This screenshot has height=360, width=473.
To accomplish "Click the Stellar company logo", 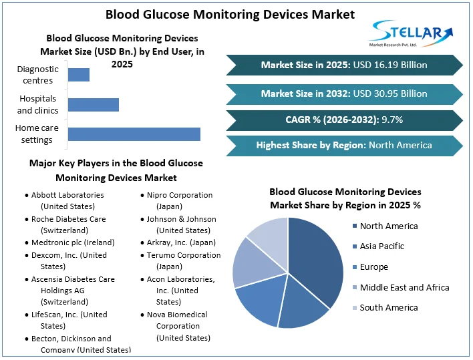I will (x=411, y=33).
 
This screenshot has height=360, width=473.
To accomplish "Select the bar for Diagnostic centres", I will (x=79, y=75).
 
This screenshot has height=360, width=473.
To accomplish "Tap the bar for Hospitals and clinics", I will (x=94, y=105).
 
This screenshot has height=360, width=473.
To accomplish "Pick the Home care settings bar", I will (x=134, y=134).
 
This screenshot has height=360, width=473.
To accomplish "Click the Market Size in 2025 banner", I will (x=344, y=65).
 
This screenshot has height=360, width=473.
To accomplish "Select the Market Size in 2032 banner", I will (x=344, y=94).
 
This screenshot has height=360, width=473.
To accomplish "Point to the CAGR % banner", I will (x=344, y=120).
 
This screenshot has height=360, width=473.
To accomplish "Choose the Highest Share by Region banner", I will (x=344, y=145).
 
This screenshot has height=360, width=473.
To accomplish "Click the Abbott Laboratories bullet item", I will (x=67, y=200).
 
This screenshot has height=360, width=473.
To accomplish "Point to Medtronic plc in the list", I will (x=73, y=242).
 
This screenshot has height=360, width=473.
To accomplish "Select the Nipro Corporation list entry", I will (x=180, y=200).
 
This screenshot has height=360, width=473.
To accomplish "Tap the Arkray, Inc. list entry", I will (x=181, y=242).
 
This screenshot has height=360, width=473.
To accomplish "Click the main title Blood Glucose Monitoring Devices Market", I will (x=230, y=14).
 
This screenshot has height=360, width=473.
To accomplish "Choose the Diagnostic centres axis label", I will (x=38, y=75).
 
